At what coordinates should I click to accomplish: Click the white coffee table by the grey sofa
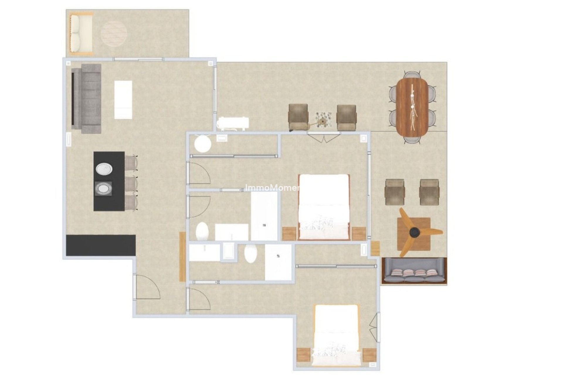(x=123, y=100)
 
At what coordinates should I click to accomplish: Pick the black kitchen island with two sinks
(x=109, y=181)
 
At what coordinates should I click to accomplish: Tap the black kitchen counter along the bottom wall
(x=101, y=245)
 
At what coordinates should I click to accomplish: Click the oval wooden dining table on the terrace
(x=412, y=108)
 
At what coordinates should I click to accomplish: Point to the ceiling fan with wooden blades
(x=415, y=232)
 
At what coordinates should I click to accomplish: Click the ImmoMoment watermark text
(x=272, y=188)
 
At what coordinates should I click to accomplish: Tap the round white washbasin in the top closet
(x=203, y=144)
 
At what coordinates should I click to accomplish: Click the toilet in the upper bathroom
(x=202, y=231)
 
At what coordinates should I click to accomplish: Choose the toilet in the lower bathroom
(x=250, y=254)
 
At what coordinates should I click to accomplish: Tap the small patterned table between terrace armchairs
(x=323, y=119)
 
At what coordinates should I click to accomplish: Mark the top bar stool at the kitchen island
(x=131, y=163)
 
